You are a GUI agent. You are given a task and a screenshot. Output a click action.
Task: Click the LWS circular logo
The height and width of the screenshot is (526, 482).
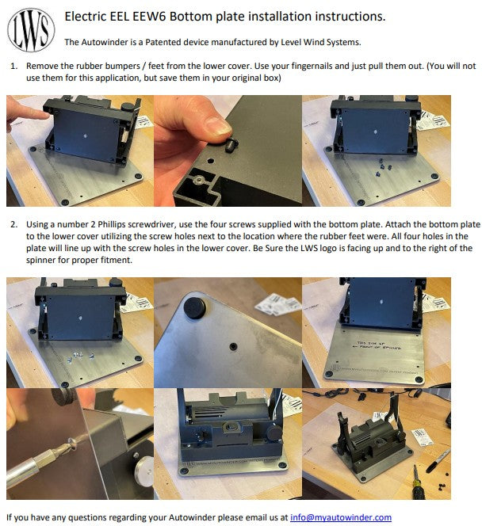(x=31, y=30)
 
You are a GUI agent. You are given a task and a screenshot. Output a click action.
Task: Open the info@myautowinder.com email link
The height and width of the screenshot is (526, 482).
(x=341, y=517)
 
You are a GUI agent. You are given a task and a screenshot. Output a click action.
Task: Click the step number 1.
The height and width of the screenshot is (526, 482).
(x=13, y=66)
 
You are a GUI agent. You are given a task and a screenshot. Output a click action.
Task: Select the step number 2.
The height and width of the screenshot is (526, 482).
(x=13, y=224)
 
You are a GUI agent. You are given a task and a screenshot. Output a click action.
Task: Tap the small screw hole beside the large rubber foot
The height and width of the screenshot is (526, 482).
(x=233, y=346)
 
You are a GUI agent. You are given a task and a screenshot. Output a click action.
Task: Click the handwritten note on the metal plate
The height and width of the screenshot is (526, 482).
(x=378, y=345)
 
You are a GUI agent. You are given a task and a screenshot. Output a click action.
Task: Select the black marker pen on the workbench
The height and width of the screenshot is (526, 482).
(x=438, y=461)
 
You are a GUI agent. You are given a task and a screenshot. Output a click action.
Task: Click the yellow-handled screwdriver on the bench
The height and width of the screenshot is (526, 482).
(x=417, y=482)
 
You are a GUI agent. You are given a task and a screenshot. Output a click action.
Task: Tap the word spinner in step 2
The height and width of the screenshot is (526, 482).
(x=41, y=261)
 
